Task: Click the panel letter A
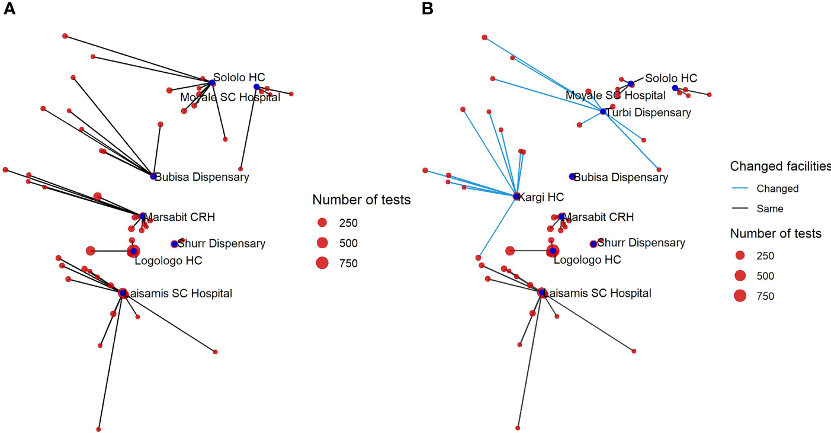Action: pos(9,9)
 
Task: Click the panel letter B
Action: pos(428,9)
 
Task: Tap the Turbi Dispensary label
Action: pos(649,113)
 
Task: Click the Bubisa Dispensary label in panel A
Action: pos(202,177)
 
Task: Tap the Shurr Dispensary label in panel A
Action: pos(222,243)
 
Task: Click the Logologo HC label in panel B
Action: pos(587,260)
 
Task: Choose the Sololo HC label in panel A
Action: pos(239,77)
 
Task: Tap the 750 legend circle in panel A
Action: pos(322,263)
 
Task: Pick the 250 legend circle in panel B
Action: pos(740,255)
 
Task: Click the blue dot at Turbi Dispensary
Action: pos(603,111)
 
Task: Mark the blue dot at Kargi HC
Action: pos(516,196)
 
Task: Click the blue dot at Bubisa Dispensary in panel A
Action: pos(153,177)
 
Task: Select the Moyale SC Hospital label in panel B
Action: pos(615,95)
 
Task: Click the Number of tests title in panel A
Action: pos(361,201)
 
